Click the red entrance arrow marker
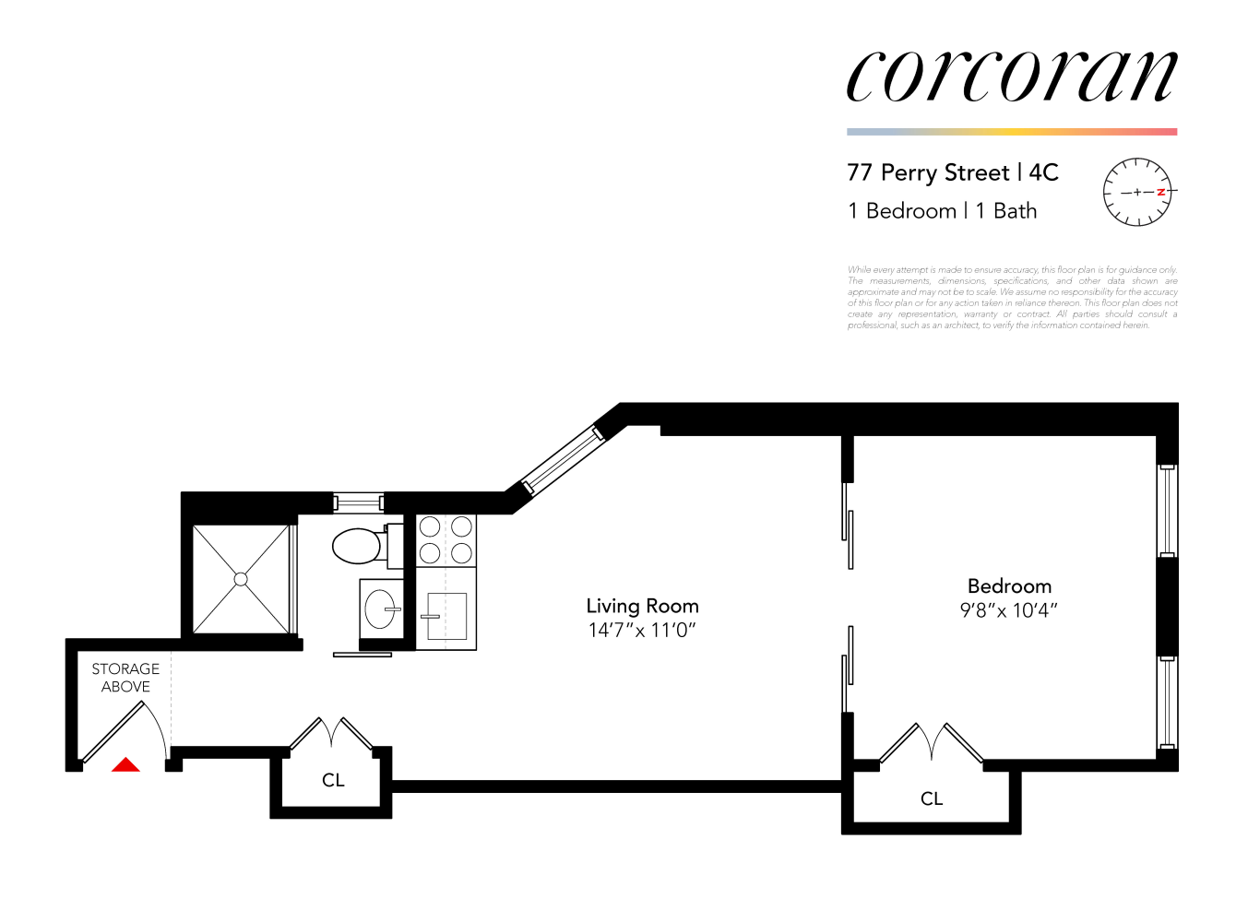(125, 764)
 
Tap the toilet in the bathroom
(358, 546)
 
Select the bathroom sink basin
(380, 609)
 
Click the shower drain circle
(241, 579)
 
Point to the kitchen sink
(446, 616)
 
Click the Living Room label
(642, 606)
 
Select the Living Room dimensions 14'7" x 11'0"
(642, 631)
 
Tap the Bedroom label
(1009, 586)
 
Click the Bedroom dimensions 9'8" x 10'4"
(1009, 610)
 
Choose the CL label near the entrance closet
(333, 781)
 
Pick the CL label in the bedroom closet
(932, 799)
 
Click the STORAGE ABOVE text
(125, 678)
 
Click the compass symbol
(1138, 192)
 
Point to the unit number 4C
(1043, 172)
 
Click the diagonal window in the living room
(562, 457)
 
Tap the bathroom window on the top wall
(358, 502)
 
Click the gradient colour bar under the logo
(1012, 132)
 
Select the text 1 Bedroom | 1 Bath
(943, 211)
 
